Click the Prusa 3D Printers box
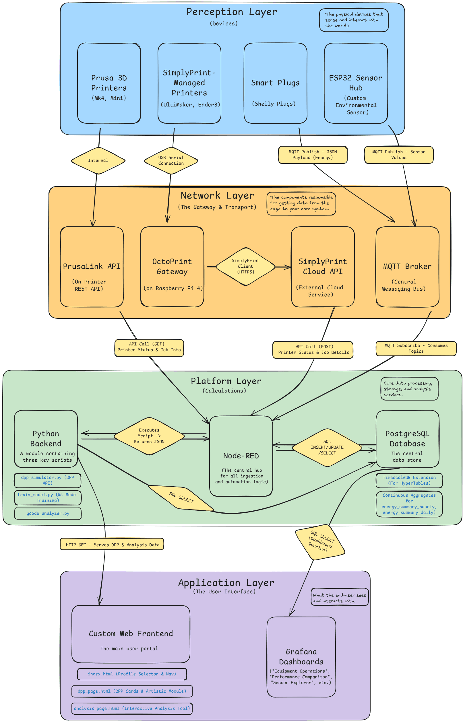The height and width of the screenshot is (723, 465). (109, 83)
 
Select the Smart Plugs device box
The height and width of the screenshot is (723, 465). (275, 83)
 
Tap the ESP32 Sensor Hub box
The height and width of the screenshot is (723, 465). (356, 83)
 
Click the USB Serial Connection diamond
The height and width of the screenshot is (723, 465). (171, 161)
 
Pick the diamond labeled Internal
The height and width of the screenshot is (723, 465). (98, 161)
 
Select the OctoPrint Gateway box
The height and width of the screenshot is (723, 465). (172, 267)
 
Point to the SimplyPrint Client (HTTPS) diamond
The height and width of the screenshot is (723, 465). (245, 266)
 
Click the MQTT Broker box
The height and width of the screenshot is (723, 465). (407, 267)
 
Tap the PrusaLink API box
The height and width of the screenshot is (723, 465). (92, 267)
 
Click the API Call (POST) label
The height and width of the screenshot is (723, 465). (313, 349)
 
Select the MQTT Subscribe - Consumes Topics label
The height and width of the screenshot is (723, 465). (416, 348)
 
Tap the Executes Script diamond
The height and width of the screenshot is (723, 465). (149, 436)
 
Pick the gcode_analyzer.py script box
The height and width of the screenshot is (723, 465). (48, 513)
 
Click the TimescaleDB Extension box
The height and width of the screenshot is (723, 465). (409, 480)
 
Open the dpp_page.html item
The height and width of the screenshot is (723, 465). (132, 691)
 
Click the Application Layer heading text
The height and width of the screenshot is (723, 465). (226, 583)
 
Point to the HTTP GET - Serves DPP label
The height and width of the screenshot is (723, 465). (112, 545)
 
